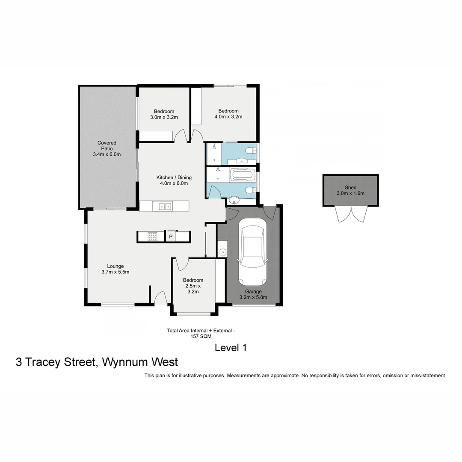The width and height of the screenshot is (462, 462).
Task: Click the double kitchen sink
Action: pos(165,207)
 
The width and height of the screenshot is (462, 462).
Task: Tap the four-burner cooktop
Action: pos(152,236)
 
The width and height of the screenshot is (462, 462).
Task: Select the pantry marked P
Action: pos(171,237)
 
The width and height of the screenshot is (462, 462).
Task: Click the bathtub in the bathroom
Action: pos(242,175)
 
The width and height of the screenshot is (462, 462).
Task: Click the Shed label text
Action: pos(350,190)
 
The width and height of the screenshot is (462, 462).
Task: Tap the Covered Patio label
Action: pos(107,148)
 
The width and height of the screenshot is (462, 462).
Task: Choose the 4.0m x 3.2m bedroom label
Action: pos(228,113)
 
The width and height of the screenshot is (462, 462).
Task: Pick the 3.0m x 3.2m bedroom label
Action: pos(164,114)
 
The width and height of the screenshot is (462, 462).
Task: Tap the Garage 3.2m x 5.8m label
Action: pos(253,294)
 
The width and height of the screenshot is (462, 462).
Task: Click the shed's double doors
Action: pos(351,213)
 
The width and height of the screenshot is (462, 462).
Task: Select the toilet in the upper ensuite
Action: pos(251,150)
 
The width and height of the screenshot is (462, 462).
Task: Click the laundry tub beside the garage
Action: pos(222,252)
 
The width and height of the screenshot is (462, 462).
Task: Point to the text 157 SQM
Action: pos(201,336)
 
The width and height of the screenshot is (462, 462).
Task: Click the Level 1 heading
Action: pos(231,348)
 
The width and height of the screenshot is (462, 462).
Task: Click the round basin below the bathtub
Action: pos(234,200)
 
